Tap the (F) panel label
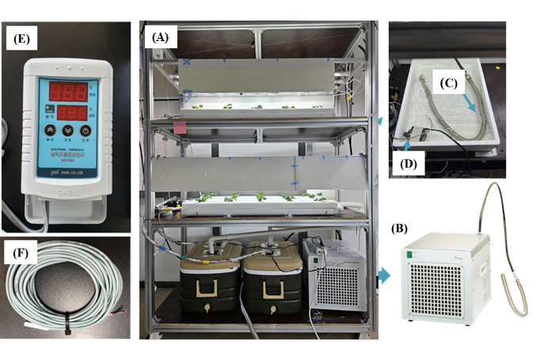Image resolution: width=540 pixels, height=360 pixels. [18, 256]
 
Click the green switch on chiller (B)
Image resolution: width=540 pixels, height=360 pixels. [411, 255]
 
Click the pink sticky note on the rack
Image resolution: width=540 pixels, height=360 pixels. [181, 127]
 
